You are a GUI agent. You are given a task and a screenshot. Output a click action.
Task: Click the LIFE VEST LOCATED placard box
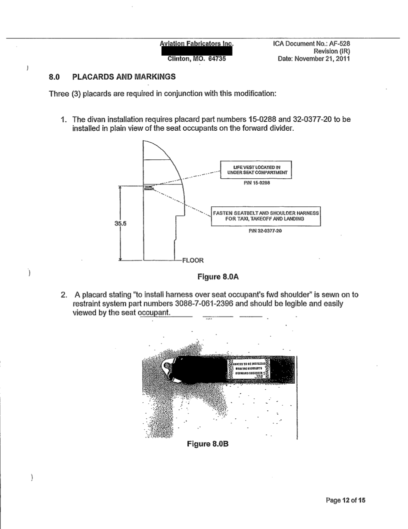pyautogui.click(x=255, y=168)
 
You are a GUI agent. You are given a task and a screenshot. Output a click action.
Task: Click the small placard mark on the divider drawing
pyautogui.click(x=147, y=188)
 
